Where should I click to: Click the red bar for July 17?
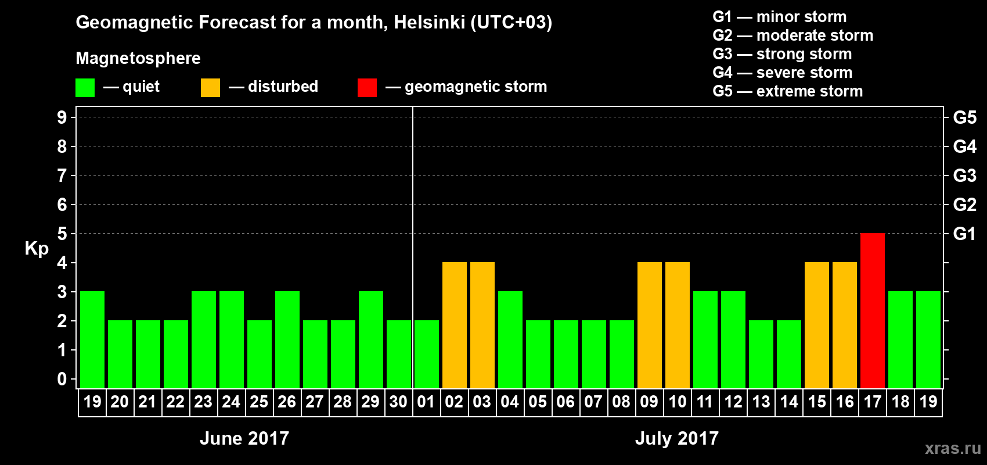[x=873, y=310]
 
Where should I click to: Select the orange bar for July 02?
[x=455, y=325]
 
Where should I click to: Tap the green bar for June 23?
[x=204, y=339]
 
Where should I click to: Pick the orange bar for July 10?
[x=678, y=325]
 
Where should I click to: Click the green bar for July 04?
[x=510, y=339]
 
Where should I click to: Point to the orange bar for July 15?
[x=817, y=325]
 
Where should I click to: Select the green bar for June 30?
[x=399, y=354]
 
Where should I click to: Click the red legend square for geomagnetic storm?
[x=367, y=88]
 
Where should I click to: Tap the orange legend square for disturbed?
[x=210, y=88]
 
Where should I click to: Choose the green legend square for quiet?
[x=85, y=88]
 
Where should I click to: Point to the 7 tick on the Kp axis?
[x=62, y=176]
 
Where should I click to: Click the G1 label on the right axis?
[x=964, y=234]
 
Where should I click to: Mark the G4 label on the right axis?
[x=964, y=146]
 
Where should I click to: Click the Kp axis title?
[x=37, y=248]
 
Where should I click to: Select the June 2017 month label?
[x=244, y=438]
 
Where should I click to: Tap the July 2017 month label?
[x=677, y=438]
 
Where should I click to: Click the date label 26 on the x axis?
[x=287, y=402]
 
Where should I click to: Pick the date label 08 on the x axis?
[x=621, y=402]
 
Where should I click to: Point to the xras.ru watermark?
[x=952, y=448]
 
